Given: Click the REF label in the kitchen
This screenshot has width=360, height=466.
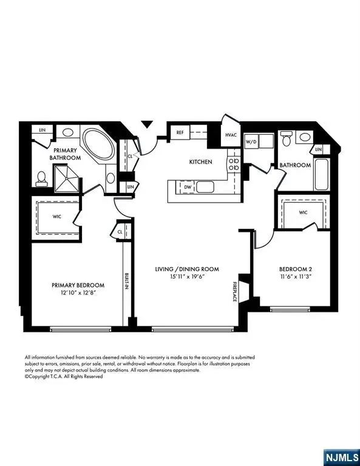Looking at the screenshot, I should click(x=180, y=132).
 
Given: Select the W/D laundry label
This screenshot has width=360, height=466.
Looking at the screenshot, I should click(x=251, y=142).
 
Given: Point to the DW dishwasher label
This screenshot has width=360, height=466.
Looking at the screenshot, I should click(x=188, y=188).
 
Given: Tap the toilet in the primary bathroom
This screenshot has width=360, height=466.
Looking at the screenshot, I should click(x=42, y=177).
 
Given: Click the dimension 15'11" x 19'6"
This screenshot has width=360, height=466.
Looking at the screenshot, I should click(x=185, y=277).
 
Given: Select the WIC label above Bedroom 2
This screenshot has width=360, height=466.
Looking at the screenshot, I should click(x=303, y=213).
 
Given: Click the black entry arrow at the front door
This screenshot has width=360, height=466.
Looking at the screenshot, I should click(x=146, y=124).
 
